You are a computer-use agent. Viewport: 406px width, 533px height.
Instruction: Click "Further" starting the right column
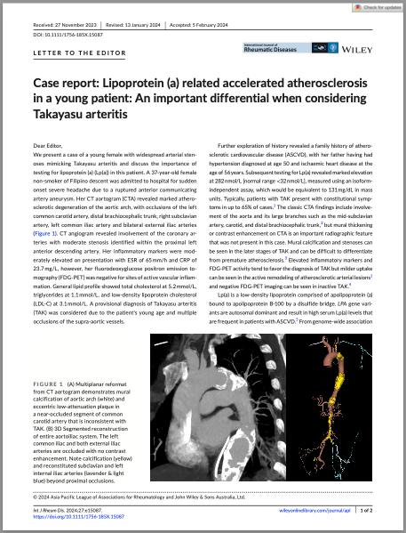coord(229,144)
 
